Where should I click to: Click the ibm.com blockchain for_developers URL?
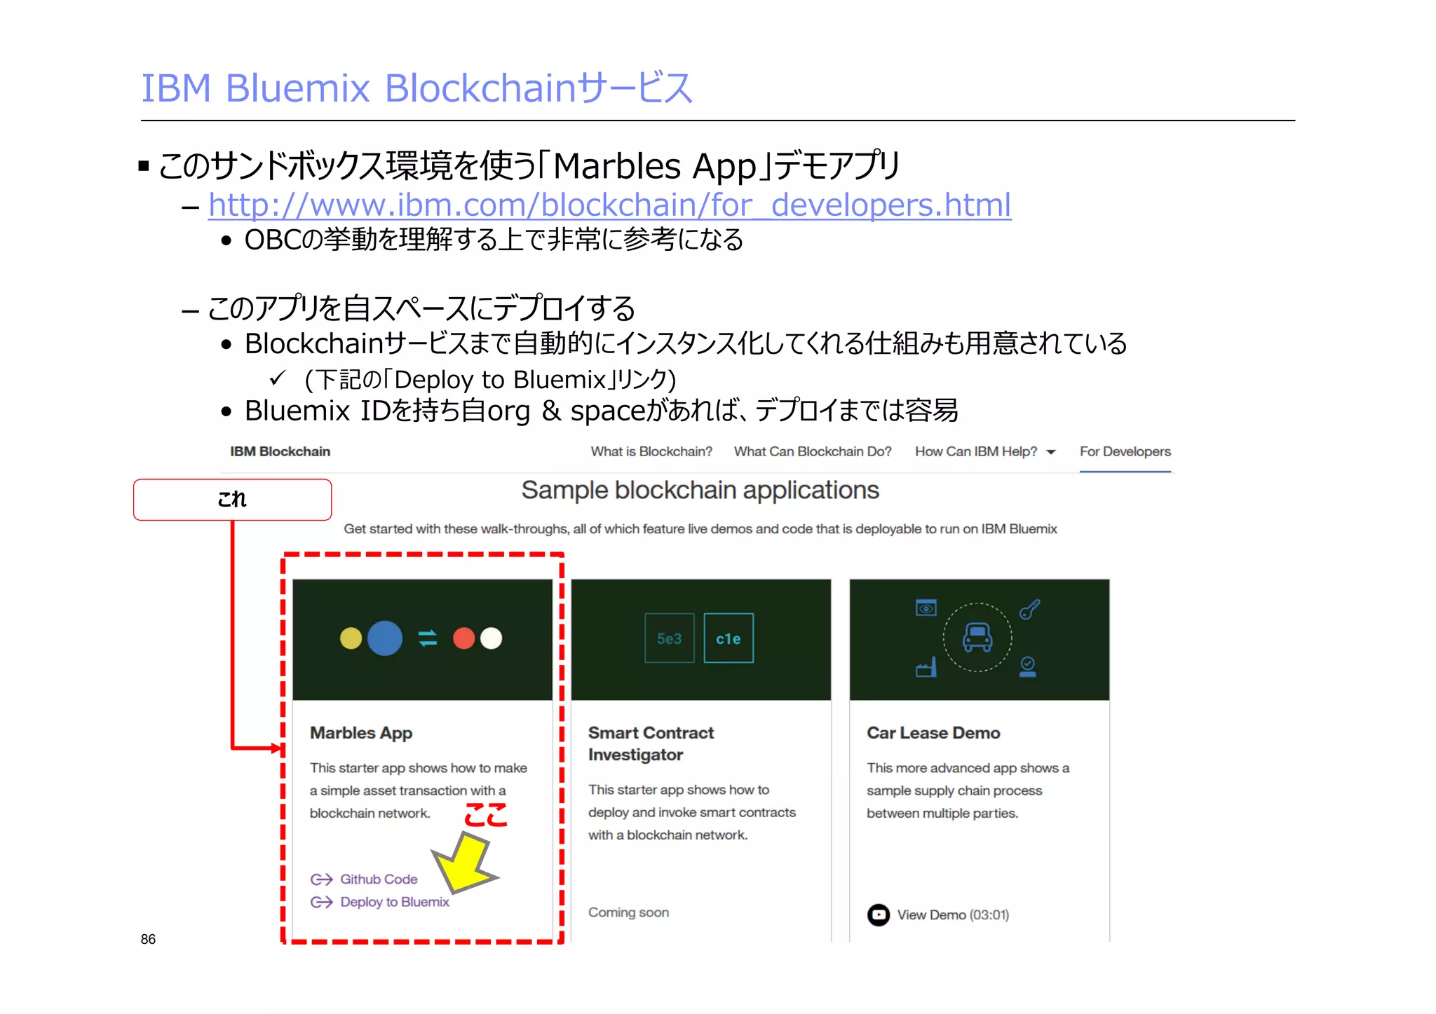click(609, 205)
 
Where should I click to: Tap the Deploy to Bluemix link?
click(394, 902)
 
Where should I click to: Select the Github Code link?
click(379, 879)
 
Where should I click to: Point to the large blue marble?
click(385, 638)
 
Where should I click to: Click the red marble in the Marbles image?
click(463, 638)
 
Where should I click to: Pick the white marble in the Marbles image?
click(492, 638)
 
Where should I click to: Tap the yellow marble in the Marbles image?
click(351, 638)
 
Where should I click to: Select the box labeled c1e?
click(729, 638)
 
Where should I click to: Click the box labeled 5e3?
click(669, 638)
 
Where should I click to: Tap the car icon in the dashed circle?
click(977, 637)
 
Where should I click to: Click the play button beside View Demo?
click(878, 914)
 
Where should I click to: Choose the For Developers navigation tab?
click(1125, 452)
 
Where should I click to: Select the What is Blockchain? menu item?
click(651, 452)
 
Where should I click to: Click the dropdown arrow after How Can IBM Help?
click(1051, 453)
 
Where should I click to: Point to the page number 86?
click(148, 939)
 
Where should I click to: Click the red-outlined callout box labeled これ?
click(232, 500)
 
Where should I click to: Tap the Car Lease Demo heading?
click(933, 733)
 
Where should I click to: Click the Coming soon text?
click(628, 912)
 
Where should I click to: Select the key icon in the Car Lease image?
click(1029, 610)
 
